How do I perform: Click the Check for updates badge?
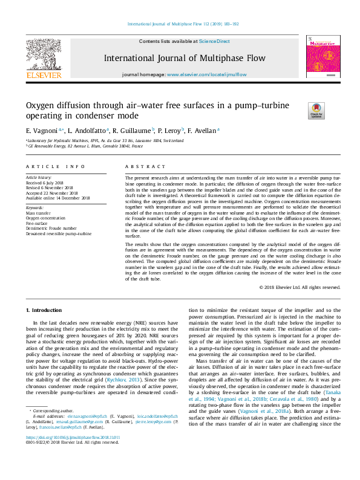pos(316,110)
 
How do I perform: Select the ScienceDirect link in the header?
pos(215,41)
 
